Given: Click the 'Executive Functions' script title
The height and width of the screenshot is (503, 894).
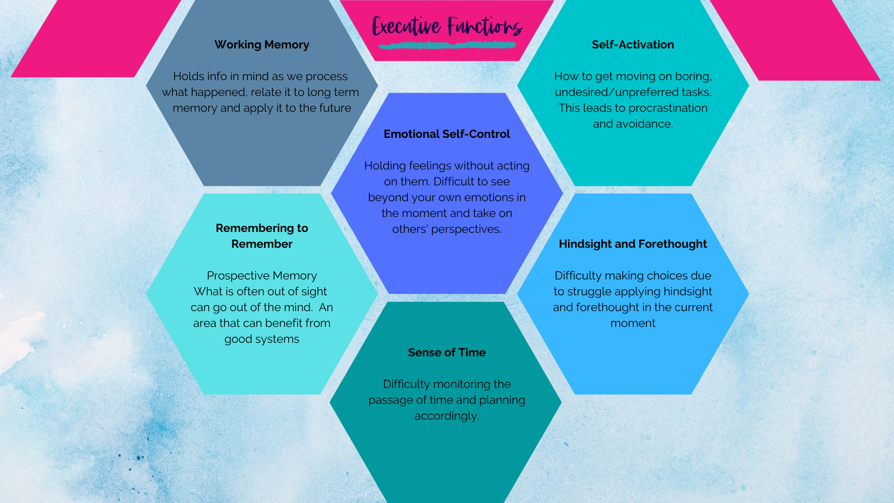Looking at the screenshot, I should click(447, 26).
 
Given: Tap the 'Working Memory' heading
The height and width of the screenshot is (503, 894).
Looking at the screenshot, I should click(262, 45).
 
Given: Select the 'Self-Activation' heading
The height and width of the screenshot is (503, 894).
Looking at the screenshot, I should click(633, 45).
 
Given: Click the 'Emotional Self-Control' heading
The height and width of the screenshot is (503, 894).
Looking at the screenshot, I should click(447, 134).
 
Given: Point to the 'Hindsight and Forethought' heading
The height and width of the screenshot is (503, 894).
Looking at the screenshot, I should click(633, 244).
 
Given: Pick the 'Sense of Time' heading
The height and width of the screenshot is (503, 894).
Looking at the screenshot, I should click(447, 353).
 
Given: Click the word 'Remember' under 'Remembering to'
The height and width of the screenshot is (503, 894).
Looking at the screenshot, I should click(262, 244).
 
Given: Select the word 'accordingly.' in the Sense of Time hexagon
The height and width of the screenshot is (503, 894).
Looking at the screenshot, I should click(447, 416).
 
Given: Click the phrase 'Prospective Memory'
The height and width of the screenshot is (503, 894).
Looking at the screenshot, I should click(262, 276).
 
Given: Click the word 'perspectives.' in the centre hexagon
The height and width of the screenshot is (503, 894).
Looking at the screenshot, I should click(466, 229).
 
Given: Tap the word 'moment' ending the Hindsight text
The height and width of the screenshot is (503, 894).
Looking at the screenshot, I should click(633, 323).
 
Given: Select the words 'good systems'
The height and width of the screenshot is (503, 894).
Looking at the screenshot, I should click(262, 339).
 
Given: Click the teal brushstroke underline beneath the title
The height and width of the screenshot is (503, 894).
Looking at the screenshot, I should click(447, 45).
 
